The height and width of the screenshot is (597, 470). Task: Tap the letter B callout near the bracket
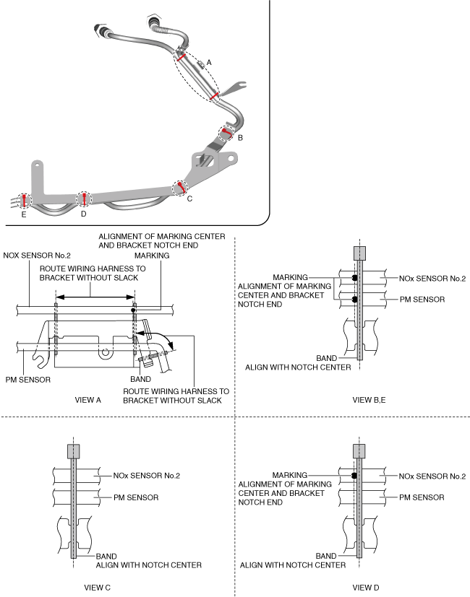pyautogui.click(x=240, y=136)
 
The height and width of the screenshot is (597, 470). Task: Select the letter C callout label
pyautogui.click(x=189, y=199)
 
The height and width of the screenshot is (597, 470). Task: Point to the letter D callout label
pyautogui.click(x=84, y=214)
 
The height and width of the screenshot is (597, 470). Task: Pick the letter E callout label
pyautogui.click(x=24, y=214)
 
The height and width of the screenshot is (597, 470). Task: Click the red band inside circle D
pyautogui.click(x=84, y=199)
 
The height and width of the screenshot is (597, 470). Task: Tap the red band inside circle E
pyautogui.click(x=24, y=199)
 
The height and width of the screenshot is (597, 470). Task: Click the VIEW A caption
pyautogui.click(x=90, y=398)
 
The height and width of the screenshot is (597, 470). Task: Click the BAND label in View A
pyautogui.click(x=140, y=378)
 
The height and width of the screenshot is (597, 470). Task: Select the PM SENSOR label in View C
pyautogui.click(x=135, y=497)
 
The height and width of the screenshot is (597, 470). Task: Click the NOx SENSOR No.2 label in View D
pyautogui.click(x=432, y=476)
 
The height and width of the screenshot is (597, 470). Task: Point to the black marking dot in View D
pyautogui.click(x=354, y=476)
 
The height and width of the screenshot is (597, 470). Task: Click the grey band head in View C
pyautogui.click(x=74, y=451)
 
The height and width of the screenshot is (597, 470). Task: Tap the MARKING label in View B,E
pyautogui.click(x=291, y=277)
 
